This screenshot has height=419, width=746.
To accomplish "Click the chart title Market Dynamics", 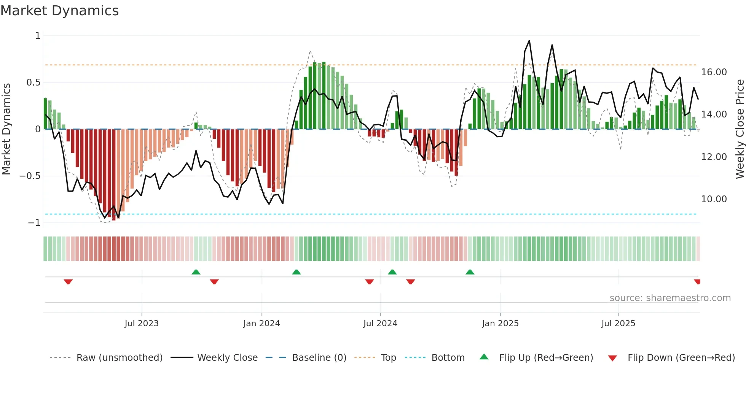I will [59, 11].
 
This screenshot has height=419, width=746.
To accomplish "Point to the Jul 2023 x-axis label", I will [142, 323].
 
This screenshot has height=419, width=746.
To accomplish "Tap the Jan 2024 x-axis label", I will [261, 323].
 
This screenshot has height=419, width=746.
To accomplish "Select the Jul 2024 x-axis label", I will [380, 323].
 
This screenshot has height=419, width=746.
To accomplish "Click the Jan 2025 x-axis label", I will [500, 323].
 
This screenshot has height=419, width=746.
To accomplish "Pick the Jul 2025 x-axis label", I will [618, 323].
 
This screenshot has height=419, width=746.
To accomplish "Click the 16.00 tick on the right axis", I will [714, 72].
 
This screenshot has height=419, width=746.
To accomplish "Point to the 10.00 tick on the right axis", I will [714, 199].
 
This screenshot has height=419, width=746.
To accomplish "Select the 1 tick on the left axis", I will [38, 36].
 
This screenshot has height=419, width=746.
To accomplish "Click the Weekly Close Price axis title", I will [740, 129].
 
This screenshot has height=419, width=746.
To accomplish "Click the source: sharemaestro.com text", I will [670, 298].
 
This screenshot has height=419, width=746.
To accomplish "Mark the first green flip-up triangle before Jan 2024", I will [196, 272].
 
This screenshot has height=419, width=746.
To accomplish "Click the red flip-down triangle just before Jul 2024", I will [369, 282].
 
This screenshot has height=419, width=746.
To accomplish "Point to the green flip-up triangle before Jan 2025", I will [470, 272].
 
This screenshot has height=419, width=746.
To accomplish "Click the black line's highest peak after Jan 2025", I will [529, 41].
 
